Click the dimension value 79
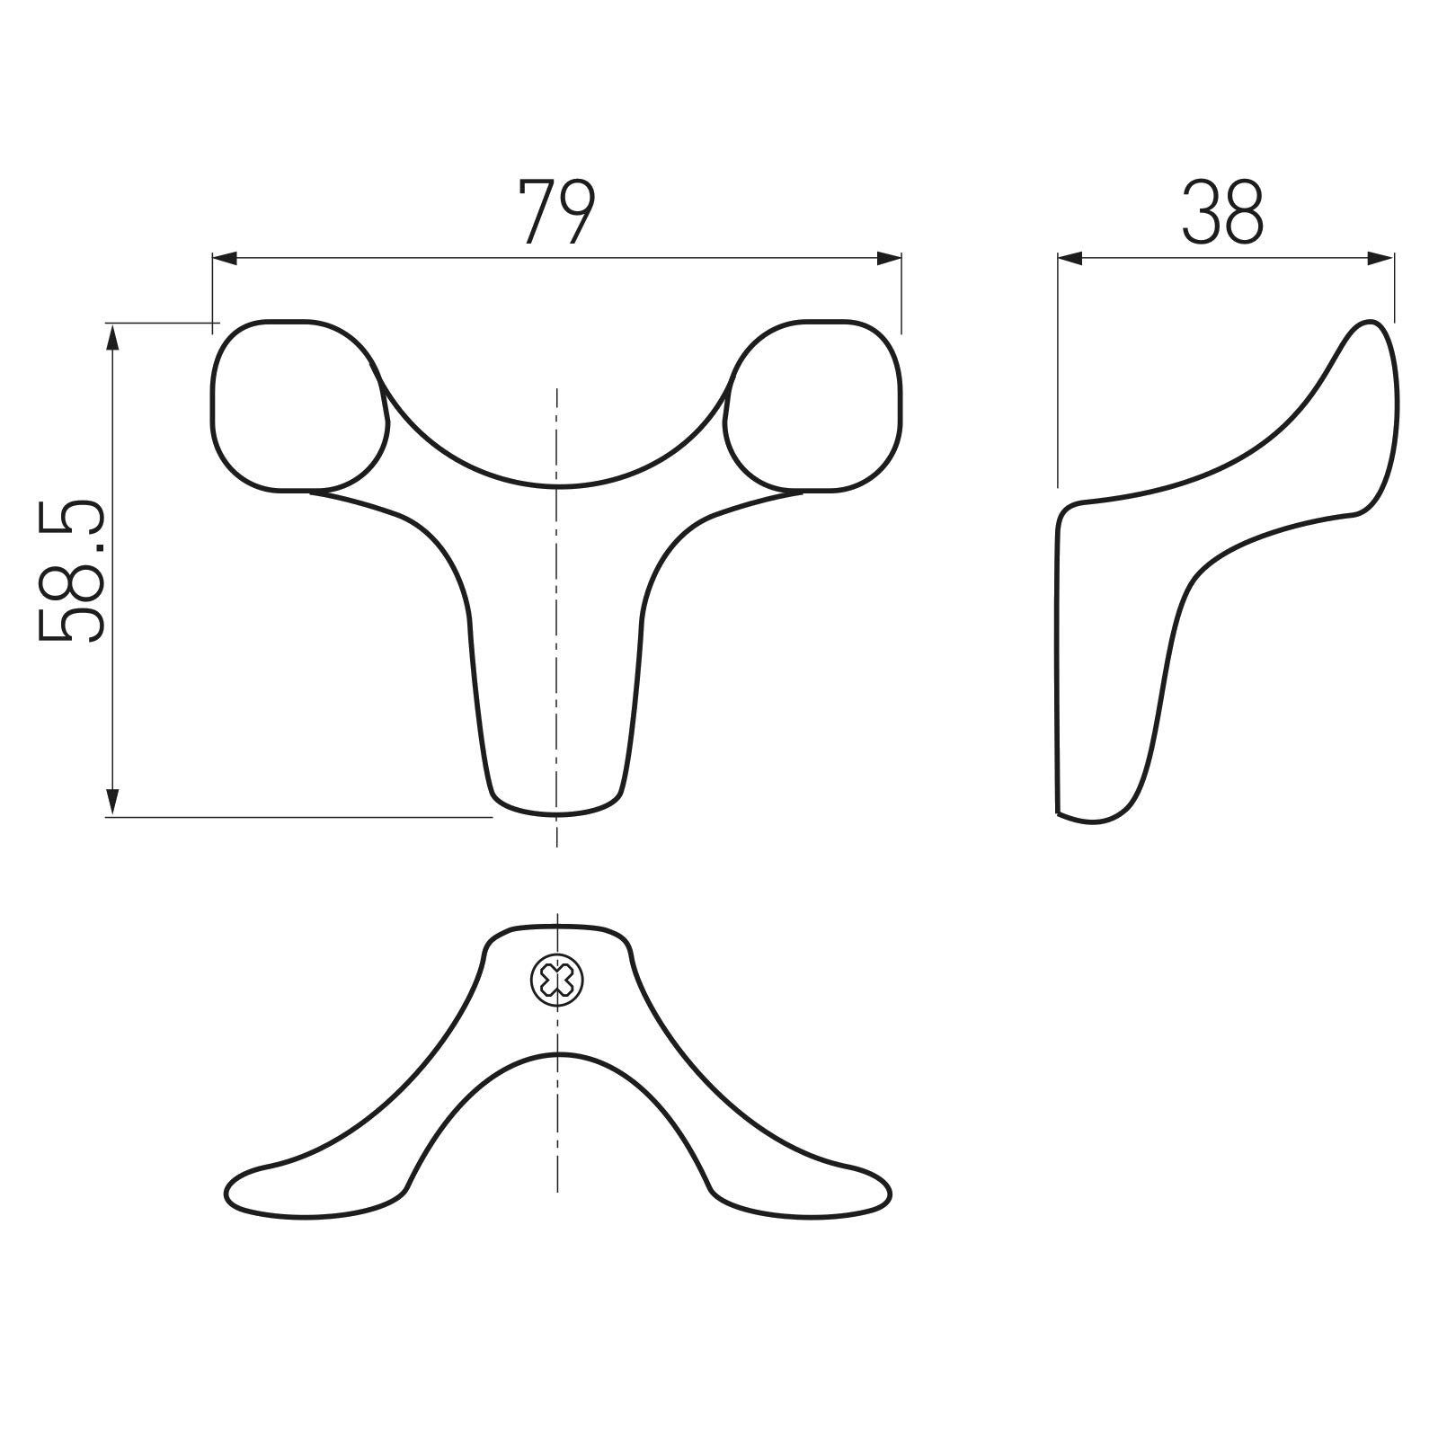(557, 212)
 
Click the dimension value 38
(1223, 212)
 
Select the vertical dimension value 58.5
(71, 573)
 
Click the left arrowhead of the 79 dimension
(225, 259)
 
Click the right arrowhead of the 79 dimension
(889, 259)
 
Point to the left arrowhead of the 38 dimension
(1070, 259)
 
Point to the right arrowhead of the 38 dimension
(1381, 259)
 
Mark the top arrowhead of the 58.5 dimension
(112, 336)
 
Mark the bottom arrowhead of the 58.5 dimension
(112, 803)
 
